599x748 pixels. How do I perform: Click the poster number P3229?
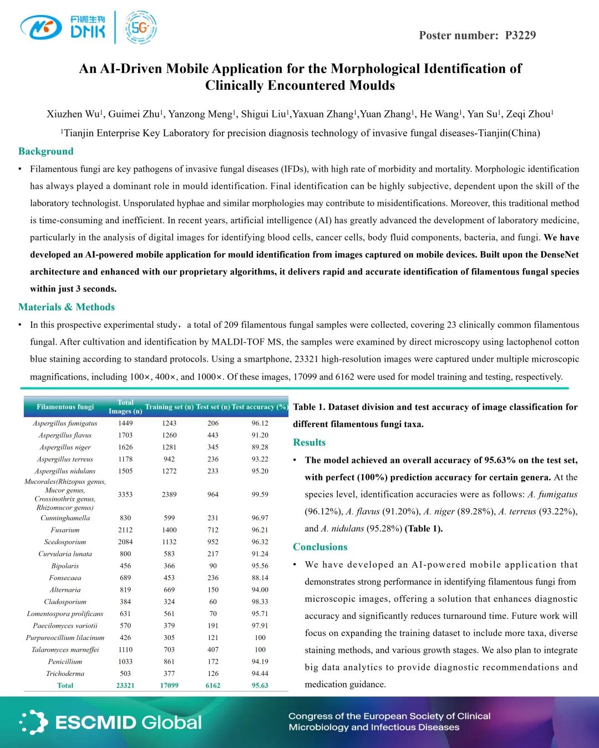[520, 35]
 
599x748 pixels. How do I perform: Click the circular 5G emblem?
[141, 27]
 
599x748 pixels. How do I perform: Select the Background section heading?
[46, 151]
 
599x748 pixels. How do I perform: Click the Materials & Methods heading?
[67, 307]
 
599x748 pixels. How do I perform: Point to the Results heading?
[309, 442]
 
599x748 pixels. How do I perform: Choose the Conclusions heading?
[320, 547]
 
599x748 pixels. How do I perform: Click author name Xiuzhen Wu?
[73, 114]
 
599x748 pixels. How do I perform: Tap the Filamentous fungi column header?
[65, 407]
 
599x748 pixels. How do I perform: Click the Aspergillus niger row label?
[65, 447]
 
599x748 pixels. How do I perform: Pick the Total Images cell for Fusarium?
[125, 530]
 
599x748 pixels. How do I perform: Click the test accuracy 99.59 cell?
[260, 494]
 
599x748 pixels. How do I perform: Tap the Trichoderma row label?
[65, 674]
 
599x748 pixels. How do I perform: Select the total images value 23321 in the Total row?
[125, 685]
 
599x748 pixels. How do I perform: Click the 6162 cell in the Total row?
[213, 685]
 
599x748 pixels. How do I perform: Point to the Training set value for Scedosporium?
[169, 542]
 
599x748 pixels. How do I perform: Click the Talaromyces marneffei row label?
[65, 649]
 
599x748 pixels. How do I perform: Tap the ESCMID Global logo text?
[128, 723]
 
